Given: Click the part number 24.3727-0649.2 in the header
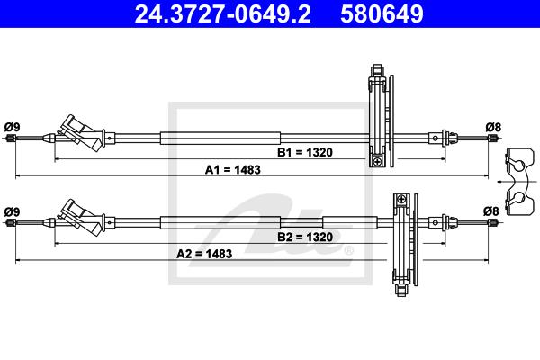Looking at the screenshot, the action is pos(223,14).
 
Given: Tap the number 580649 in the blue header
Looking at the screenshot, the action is pos(382,14).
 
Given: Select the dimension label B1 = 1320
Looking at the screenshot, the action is pos(305,152).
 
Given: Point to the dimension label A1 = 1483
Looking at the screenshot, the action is pos(233,170).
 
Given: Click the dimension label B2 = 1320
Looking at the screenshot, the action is pos(305,237).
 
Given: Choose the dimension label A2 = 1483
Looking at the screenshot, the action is pos(204,254).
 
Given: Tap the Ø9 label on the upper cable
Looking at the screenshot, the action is pos(12,127).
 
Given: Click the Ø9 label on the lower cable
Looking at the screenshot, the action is pos(12,211).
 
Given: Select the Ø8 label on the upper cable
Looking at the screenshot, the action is pos(493,127).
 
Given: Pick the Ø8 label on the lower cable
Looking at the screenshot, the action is pos(491,211).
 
